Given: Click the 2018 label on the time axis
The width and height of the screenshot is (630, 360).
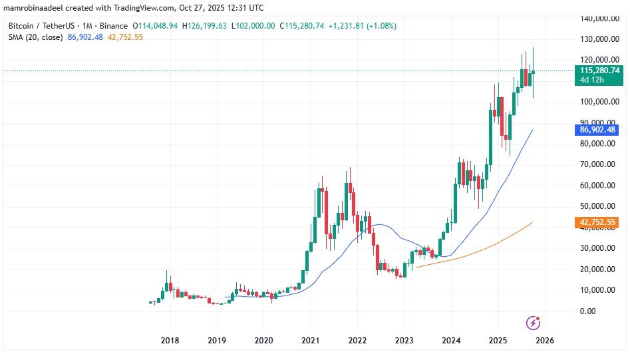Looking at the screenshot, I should [x=170, y=339].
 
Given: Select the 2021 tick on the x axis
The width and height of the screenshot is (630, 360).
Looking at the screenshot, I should [x=311, y=339].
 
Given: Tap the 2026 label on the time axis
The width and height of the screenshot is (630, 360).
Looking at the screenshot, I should [x=545, y=339].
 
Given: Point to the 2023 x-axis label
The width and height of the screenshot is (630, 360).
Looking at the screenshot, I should [x=404, y=339].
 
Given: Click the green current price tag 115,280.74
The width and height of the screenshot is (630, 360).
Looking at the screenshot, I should [x=600, y=70].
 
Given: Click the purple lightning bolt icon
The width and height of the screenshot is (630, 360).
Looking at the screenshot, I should [x=533, y=323].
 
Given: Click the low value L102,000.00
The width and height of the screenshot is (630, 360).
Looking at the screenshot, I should [x=255, y=25].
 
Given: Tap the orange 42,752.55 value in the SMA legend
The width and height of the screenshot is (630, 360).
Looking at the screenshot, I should [x=122, y=37].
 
